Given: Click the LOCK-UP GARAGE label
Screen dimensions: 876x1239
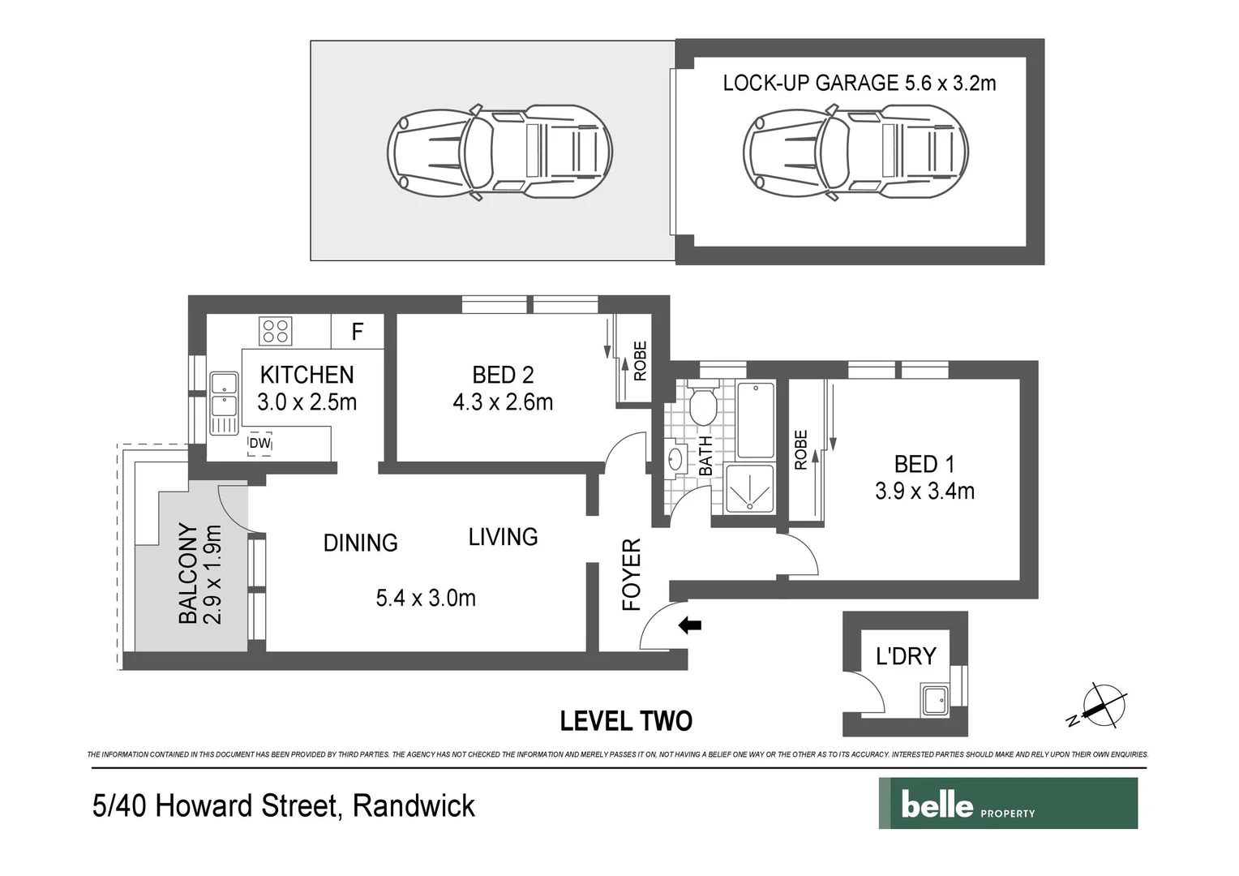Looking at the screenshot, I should [810, 83].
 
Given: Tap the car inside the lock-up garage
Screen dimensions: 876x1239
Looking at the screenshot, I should [855, 152].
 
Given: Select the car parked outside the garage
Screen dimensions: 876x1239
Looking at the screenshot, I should [499, 152].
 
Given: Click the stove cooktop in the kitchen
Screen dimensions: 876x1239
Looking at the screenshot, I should [275, 331].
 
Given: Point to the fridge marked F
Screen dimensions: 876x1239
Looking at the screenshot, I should [357, 331].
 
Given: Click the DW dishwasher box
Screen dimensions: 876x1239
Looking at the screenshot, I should [259, 444].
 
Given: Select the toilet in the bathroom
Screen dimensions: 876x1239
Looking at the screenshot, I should [701, 405].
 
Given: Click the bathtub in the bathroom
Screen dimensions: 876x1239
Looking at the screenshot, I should [755, 419].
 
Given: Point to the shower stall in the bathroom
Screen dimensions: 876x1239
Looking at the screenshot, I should [750, 488].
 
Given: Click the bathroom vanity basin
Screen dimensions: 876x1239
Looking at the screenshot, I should [675, 460].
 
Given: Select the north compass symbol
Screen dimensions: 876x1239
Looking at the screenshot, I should [1099, 706].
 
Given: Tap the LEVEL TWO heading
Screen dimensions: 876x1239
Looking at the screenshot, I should [626, 721].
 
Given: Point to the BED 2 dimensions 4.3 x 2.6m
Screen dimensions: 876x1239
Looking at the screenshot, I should [503, 402].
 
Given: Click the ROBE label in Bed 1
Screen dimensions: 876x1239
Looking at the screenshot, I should [801, 450].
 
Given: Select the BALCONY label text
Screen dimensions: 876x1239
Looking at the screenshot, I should [187, 573].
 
